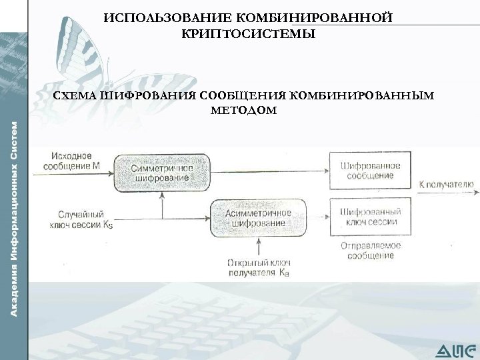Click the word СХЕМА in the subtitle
[75, 95]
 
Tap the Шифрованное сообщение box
[370, 171]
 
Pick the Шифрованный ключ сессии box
[370, 217]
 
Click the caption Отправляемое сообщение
[371, 250]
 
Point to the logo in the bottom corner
[456, 349]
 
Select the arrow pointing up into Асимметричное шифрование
[256, 241]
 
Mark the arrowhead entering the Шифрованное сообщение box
[326, 171]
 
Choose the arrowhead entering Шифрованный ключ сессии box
[326, 216]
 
